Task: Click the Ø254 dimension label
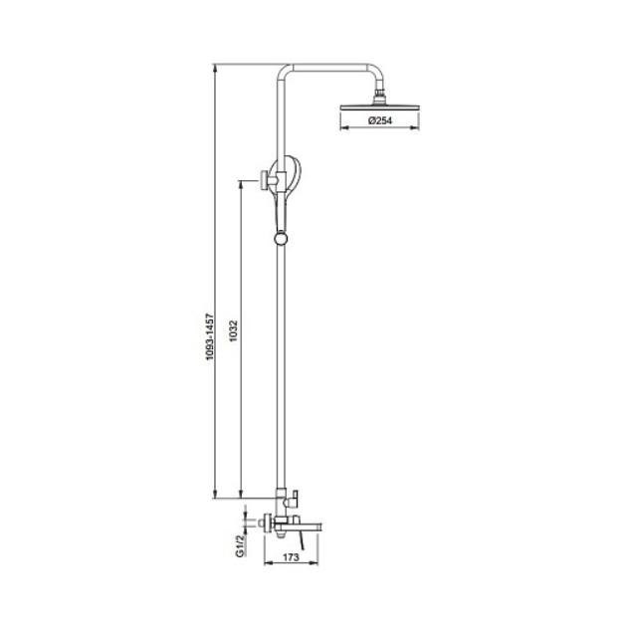point(380,120)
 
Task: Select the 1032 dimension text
point(234,330)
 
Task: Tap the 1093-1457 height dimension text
point(210,337)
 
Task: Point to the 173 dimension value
point(292,557)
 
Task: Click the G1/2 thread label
point(240,546)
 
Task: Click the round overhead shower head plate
point(379,107)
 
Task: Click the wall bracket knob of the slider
point(264,180)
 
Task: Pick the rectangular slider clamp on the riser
point(282,181)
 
